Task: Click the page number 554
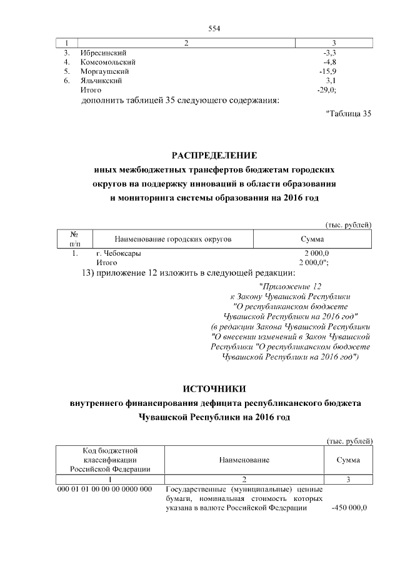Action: tap(215, 28)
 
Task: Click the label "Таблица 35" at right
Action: tap(349, 113)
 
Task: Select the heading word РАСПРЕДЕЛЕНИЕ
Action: tap(215, 155)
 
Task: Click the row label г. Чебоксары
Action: tap(118, 254)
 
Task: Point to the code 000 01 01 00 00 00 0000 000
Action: tap(105, 489)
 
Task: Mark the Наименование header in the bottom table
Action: tap(244, 460)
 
